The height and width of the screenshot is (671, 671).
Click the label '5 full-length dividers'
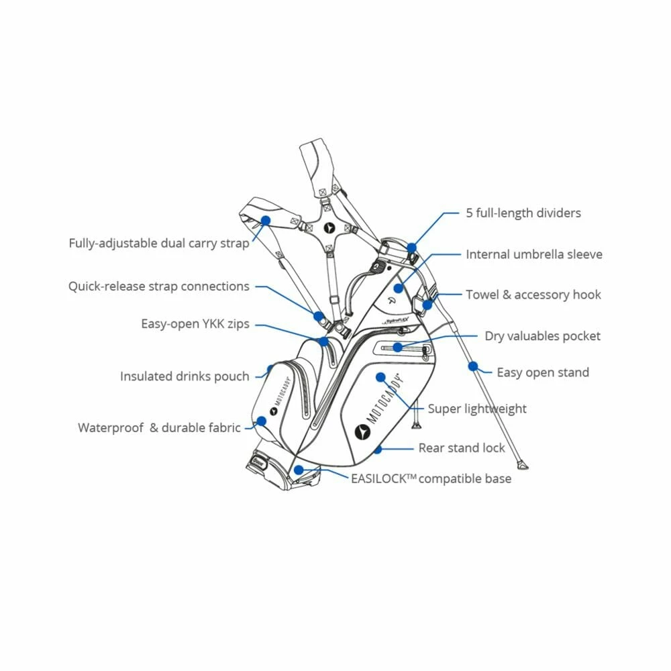pyautogui.click(x=523, y=213)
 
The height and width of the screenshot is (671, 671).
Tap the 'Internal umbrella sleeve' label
pyautogui.click(x=534, y=255)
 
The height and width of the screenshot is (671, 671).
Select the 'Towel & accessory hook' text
pyautogui.click(x=533, y=295)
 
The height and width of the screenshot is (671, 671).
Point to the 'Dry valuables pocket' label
pyautogui.click(x=542, y=336)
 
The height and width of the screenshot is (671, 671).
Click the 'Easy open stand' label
pyautogui.click(x=543, y=372)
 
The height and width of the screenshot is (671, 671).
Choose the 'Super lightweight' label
pyautogui.click(x=477, y=409)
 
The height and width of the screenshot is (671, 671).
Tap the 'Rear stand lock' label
pyautogui.click(x=462, y=448)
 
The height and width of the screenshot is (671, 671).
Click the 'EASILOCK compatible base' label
pyautogui.click(x=431, y=478)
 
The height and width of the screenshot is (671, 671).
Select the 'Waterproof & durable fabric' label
pyautogui.click(x=159, y=427)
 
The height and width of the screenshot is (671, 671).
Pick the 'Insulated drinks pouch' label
pyautogui.click(x=185, y=376)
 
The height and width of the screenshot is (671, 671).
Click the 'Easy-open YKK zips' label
pyautogui.click(x=195, y=324)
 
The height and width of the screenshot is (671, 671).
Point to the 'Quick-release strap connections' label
pyautogui.click(x=158, y=287)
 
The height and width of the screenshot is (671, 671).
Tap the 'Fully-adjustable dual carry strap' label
pyautogui.click(x=159, y=243)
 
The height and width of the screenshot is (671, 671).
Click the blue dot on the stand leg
pyautogui.click(x=472, y=366)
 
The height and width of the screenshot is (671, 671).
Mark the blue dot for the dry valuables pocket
pyautogui.click(x=398, y=347)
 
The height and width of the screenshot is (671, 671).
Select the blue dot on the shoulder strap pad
pyautogui.click(x=266, y=219)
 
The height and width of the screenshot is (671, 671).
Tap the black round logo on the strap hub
pyautogui.click(x=329, y=228)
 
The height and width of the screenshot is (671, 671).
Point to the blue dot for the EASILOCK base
pyautogui.click(x=299, y=470)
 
